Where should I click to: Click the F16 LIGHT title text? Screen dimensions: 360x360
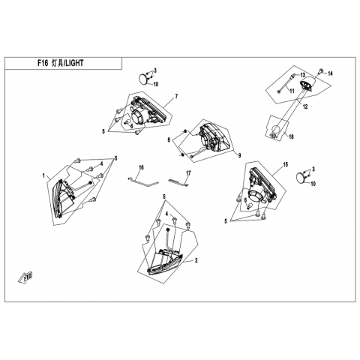[x=61, y=63]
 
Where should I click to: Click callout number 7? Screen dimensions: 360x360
[x=176, y=96]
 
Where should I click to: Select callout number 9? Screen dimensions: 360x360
[x=239, y=156]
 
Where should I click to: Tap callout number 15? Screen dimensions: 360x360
[x=285, y=164]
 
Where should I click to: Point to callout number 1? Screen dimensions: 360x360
[x=43, y=175]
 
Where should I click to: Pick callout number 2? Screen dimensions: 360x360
[x=196, y=261]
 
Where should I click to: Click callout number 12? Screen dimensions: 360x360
[x=305, y=106]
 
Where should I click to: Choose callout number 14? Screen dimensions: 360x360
[x=331, y=73]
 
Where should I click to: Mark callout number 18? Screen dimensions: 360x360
[x=291, y=136]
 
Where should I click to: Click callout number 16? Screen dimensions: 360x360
[x=142, y=167]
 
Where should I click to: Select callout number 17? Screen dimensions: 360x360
[x=188, y=173]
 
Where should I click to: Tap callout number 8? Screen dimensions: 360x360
[x=169, y=140]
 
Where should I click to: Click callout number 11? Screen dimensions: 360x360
[x=292, y=91]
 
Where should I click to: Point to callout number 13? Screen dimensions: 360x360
[x=303, y=75]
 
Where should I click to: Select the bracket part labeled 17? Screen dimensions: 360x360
[x=178, y=181]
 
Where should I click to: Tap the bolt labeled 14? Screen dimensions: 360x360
[x=321, y=71]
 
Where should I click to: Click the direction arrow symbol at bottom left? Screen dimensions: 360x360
[x=25, y=277]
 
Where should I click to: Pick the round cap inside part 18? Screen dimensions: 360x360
[x=276, y=130]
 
